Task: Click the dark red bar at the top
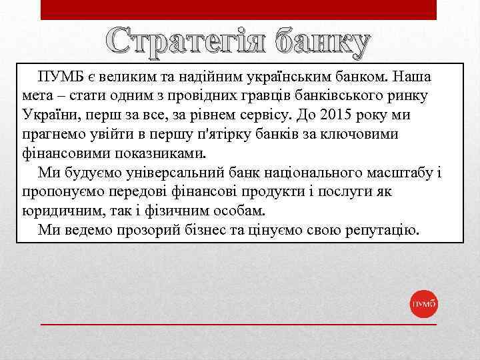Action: [x=239, y=9]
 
